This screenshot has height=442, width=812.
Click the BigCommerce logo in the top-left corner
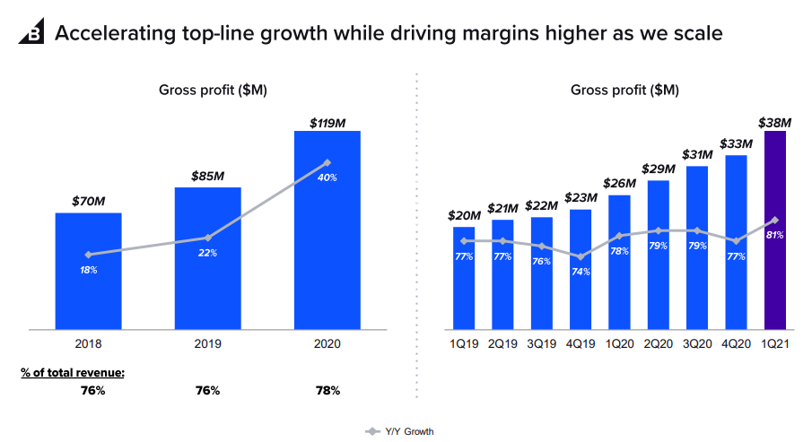point(32,34)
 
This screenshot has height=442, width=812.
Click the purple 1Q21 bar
point(774,269)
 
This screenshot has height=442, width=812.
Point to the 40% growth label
point(327,178)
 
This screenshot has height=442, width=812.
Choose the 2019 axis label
point(207,344)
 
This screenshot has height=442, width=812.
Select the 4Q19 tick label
point(580,344)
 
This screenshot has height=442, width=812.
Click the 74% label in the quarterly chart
point(580,272)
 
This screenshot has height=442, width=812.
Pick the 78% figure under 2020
point(327,390)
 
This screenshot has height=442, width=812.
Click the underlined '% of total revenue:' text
point(73,371)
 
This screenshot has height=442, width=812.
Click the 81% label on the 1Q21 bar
point(775,235)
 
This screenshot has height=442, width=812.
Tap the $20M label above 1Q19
point(464,216)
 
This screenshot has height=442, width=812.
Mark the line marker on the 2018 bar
point(88,255)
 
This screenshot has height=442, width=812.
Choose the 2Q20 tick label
point(658,344)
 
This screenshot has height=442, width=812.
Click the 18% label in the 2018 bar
point(88,270)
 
